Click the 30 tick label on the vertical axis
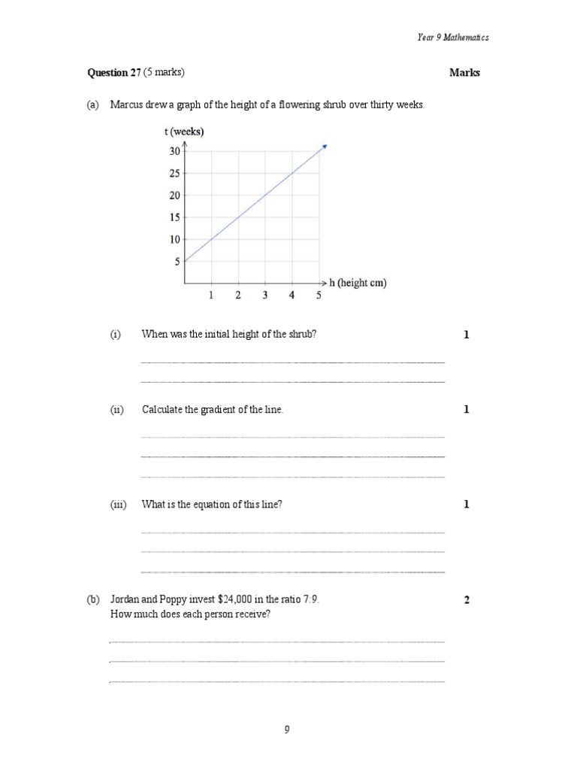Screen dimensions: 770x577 click(x=174, y=151)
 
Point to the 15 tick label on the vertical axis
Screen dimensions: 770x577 click(x=174, y=218)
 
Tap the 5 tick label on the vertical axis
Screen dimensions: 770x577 click(x=177, y=262)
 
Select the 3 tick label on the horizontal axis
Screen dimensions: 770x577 click(x=264, y=296)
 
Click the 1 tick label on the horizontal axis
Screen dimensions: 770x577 click(x=211, y=296)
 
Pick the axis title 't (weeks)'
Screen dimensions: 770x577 click(x=183, y=132)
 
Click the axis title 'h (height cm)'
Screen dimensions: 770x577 click(x=358, y=283)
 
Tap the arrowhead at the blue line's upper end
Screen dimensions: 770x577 click(x=325, y=145)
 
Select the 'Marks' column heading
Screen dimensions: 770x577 click(x=464, y=73)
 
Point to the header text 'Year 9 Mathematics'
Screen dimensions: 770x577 click(x=453, y=37)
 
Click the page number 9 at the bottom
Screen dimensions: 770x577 click(x=287, y=729)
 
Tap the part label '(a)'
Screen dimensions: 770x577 click(x=93, y=105)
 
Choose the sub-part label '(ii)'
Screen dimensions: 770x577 click(x=116, y=410)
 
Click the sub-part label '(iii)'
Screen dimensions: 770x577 click(x=118, y=505)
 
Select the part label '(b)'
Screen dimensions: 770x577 click(x=93, y=600)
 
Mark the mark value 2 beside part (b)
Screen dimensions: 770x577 click(x=467, y=600)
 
